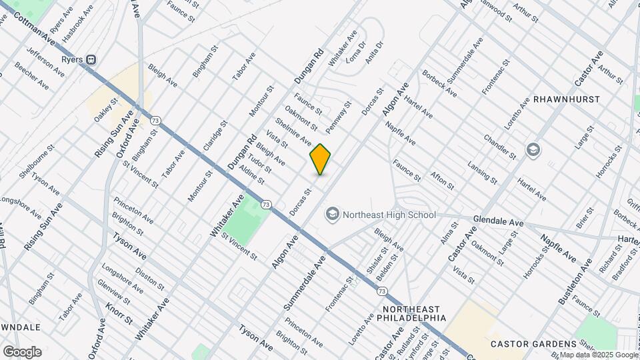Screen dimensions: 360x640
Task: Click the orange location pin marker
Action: point(321,159)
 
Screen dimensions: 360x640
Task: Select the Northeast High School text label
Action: point(389,215)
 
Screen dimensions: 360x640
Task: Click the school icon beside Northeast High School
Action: point(331,215)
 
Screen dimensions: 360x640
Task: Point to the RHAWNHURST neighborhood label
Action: point(572,99)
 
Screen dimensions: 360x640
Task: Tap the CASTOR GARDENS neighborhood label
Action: point(528,344)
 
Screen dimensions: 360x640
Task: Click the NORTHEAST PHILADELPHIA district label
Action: point(414,313)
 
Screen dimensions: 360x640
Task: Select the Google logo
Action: point(22,352)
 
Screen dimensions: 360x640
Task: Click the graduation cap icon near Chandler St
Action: point(533,149)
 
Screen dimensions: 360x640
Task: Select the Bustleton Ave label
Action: point(575,281)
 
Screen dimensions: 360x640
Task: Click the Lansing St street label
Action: point(482,173)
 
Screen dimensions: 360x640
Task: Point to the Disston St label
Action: point(150,279)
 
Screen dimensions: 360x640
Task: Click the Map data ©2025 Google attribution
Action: point(599,355)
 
